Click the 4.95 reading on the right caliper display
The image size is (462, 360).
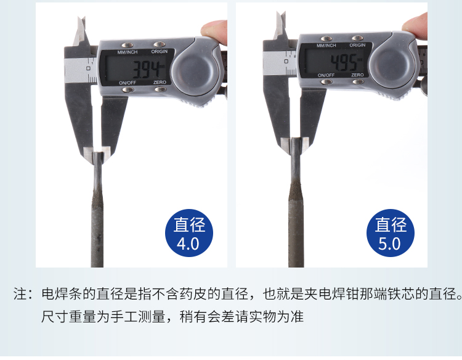(x=344, y=62)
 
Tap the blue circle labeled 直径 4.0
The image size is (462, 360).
(x=189, y=233)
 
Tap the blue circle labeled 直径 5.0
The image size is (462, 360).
(x=391, y=233)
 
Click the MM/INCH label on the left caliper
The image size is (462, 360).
(x=128, y=52)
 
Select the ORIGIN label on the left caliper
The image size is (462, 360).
(x=160, y=51)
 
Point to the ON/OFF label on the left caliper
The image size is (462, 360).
(x=128, y=83)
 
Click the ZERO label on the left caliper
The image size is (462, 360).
(x=160, y=82)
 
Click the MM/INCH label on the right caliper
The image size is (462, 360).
(x=326, y=46)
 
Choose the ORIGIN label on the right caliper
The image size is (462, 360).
(x=357, y=45)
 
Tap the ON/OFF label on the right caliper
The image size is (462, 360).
(x=326, y=75)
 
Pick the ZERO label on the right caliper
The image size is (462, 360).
(x=357, y=75)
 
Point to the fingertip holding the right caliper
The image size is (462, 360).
(x=415, y=26)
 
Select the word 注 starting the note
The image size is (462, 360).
(x=20, y=294)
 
